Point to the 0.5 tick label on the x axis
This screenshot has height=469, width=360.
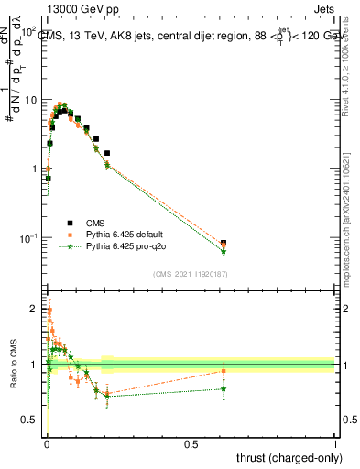pos(191,444)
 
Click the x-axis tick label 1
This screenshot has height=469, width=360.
pos(335,444)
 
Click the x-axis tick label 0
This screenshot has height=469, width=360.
pos(46,444)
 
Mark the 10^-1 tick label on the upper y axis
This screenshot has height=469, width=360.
pos(27,238)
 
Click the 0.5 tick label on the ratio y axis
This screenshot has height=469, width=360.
pos(31,420)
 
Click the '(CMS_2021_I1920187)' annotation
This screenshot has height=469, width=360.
pos(189,274)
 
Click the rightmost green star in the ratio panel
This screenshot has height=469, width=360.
pos(224,388)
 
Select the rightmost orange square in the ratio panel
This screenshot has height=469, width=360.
pos(224,371)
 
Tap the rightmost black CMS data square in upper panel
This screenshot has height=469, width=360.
pos(224,243)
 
